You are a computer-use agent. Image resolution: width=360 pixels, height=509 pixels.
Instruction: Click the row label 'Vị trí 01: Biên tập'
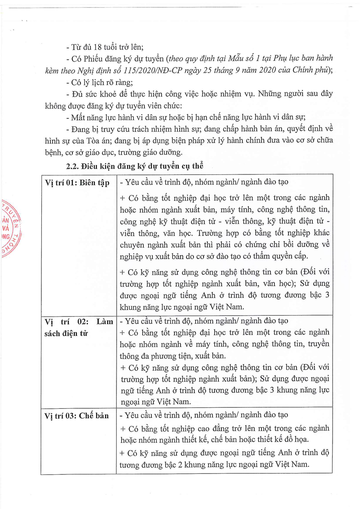click(x=77, y=183)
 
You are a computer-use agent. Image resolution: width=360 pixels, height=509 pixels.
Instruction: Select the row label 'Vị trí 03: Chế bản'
click(x=77, y=416)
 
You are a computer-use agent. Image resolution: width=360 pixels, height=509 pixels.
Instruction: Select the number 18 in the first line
click(x=100, y=47)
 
